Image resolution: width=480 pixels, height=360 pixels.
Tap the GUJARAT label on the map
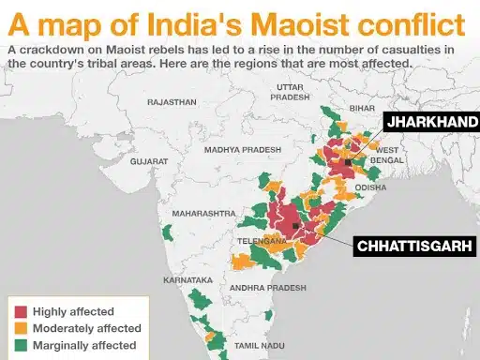(149, 161)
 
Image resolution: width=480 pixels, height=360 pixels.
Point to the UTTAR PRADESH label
(287, 91)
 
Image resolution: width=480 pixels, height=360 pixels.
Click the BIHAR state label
(363, 110)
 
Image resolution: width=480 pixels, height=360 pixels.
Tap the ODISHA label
(370, 187)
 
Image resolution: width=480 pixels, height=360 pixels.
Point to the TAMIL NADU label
(258, 346)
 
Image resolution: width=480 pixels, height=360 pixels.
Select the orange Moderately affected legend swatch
(20, 329)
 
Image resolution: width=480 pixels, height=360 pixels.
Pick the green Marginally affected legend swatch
(20, 346)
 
